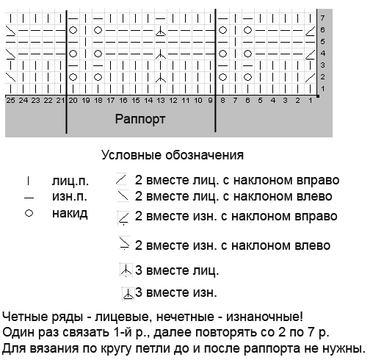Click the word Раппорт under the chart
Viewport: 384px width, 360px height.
pos(140,120)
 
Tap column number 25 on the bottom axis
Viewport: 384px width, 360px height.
pos(10,101)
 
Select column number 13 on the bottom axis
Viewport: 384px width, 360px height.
pos(161,101)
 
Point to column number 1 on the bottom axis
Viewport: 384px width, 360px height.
pos(311,101)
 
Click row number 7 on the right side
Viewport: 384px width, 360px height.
pos(322,18)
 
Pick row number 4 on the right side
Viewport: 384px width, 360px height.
pos(322,54)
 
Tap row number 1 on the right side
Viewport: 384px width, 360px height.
pos(322,89)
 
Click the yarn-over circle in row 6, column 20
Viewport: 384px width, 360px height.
pos(73,30)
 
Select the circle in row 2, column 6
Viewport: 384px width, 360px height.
pos(247,77)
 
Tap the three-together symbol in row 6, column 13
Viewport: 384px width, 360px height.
pos(160,32)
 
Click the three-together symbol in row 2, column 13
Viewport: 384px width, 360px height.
pos(160,77)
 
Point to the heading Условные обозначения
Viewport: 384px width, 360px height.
pos(173,155)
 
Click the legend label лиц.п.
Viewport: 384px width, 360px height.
pos(70,181)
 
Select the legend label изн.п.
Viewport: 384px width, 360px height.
pos(70,197)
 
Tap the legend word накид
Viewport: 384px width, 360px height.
pos(70,214)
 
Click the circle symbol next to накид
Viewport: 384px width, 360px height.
pos(29,213)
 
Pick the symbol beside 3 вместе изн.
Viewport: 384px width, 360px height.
pos(128,294)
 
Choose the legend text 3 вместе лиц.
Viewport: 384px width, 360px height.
pos(177,270)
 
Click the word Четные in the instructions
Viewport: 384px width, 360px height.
pos(25,317)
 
